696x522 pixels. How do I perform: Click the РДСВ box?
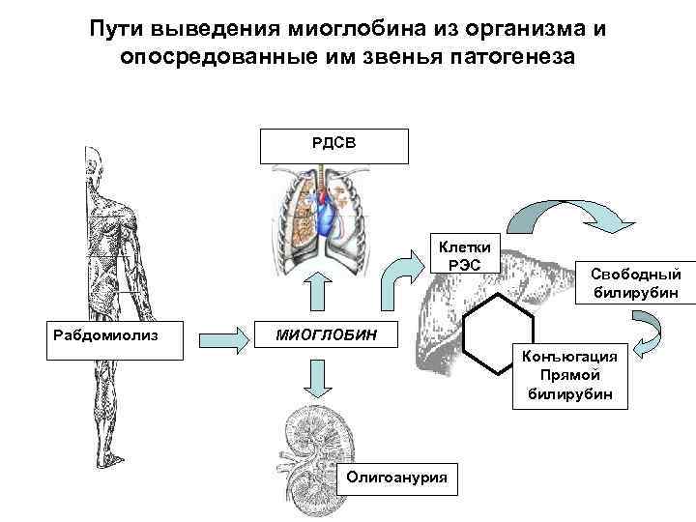coord(334,142)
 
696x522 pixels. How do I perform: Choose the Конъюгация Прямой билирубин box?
coord(574,373)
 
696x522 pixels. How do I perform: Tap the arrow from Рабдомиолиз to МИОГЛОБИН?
coord(222,339)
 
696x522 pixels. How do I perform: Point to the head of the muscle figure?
coord(94,159)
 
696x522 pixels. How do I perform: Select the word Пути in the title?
coord(115,27)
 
